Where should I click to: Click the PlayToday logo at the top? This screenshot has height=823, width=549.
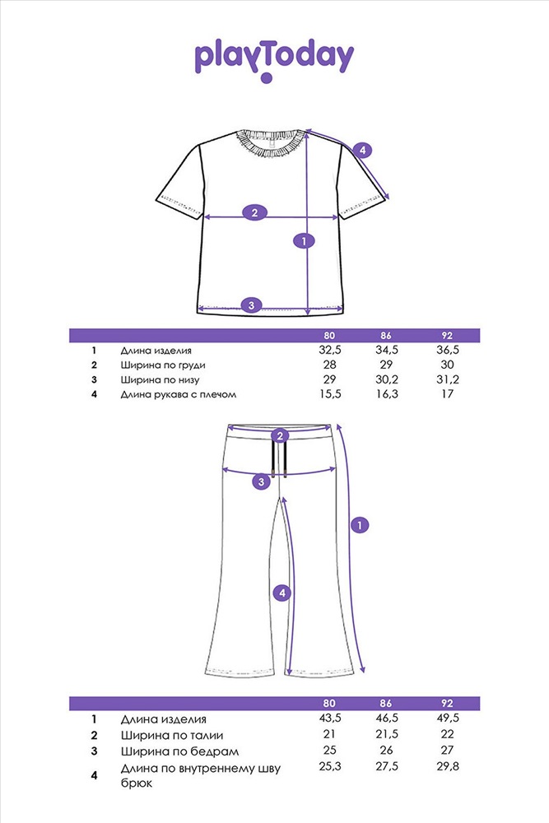[274, 60]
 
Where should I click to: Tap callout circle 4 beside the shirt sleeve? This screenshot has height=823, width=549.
[363, 151]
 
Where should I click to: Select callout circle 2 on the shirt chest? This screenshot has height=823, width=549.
[254, 212]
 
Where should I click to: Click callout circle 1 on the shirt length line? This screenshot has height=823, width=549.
[304, 241]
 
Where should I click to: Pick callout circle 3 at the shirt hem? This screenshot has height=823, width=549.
[251, 305]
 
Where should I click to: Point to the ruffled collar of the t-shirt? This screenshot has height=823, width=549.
[270, 142]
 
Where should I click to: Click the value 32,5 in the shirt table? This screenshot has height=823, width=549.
[329, 350]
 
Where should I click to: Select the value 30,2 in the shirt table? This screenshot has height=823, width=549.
[387, 379]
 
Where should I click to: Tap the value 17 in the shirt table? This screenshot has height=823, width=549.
[447, 393]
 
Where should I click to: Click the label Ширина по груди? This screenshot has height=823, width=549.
[163, 365]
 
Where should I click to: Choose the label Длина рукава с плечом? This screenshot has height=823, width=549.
[179, 394]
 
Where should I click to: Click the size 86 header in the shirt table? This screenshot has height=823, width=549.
[386, 336]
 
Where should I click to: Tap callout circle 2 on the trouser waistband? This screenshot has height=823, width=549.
[281, 436]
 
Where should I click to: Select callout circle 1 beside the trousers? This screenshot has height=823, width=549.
[360, 525]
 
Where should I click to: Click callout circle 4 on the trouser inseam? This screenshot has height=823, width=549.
[282, 593]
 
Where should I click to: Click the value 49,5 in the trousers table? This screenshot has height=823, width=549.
[448, 718]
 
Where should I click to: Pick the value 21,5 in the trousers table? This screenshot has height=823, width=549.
[387, 734]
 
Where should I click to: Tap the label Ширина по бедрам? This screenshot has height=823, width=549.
[179, 751]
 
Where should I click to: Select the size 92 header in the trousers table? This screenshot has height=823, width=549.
[447, 704]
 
